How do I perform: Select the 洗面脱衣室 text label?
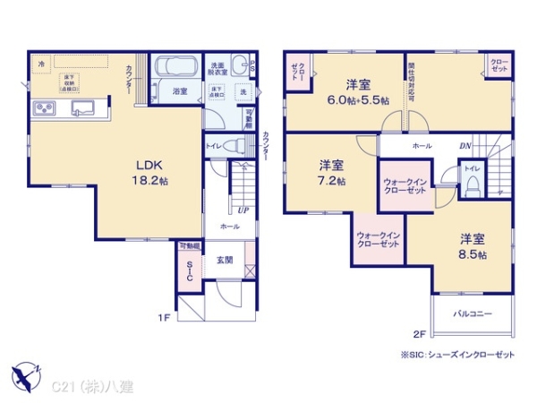(x=219, y=67)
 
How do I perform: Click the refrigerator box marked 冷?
(x=41, y=63)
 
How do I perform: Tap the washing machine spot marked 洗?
(x=243, y=92)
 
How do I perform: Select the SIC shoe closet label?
(x=190, y=270)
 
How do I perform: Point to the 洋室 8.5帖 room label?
(x=473, y=246)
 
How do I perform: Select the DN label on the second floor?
(x=465, y=145)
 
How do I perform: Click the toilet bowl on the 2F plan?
(x=473, y=184)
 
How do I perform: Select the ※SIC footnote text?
(x=458, y=355)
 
